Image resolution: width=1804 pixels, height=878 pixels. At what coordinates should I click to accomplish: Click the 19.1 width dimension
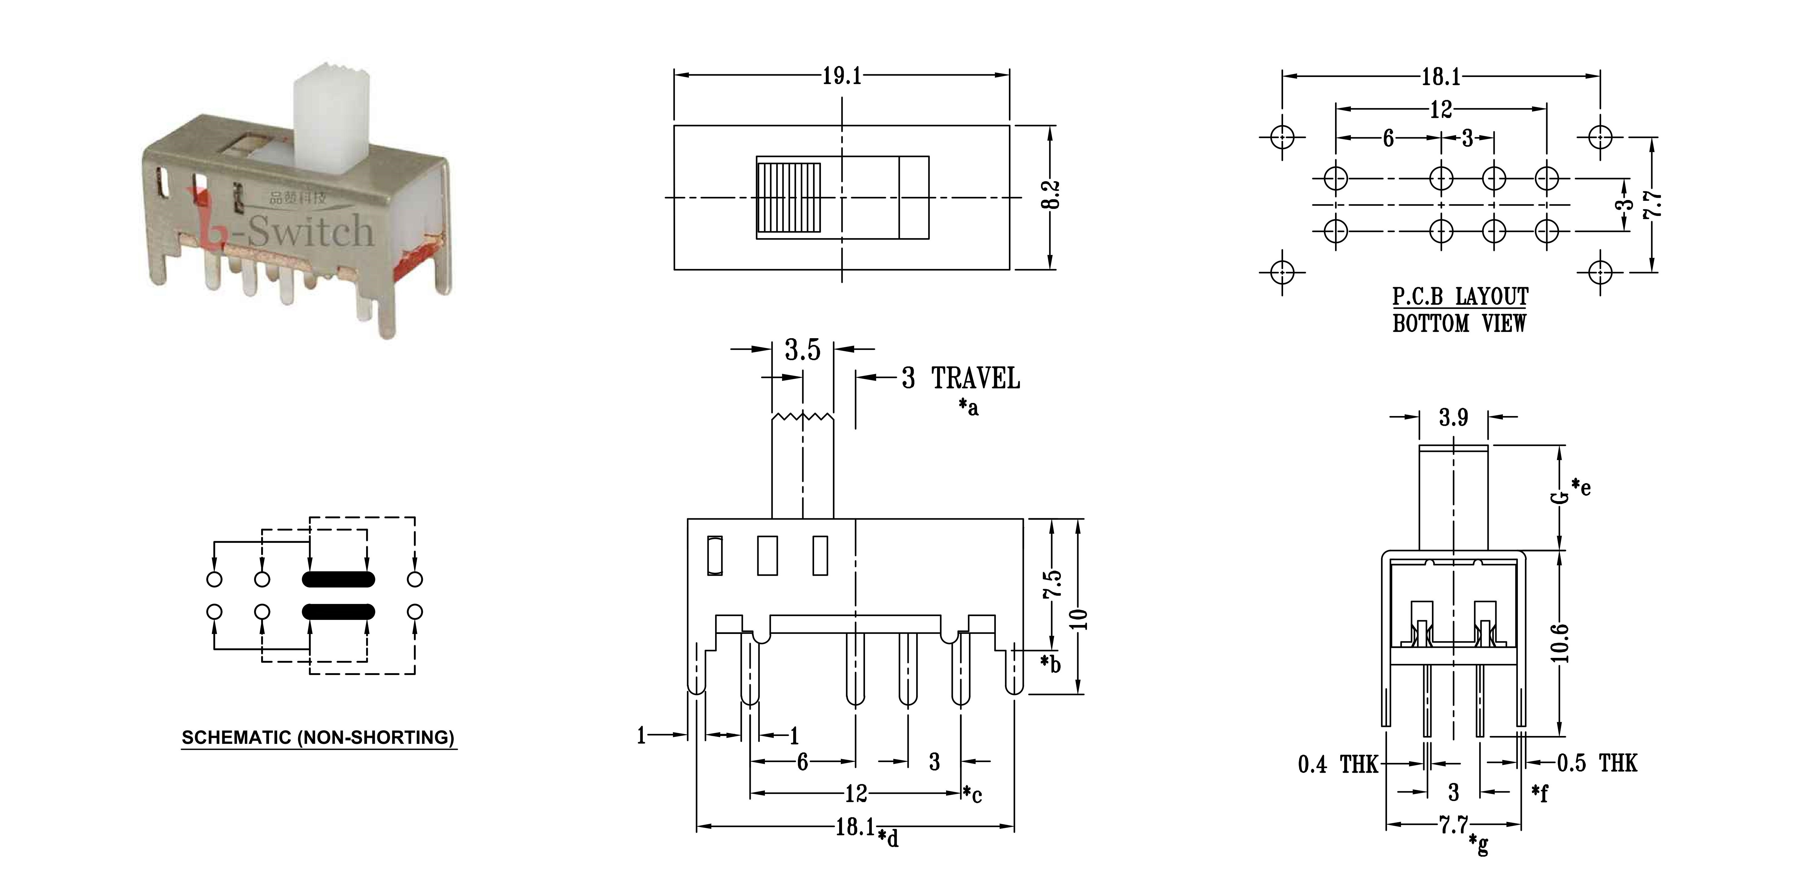(842, 76)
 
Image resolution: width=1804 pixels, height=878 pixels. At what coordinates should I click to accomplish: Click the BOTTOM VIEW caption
(1459, 324)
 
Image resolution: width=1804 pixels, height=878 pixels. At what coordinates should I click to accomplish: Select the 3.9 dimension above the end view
(1453, 418)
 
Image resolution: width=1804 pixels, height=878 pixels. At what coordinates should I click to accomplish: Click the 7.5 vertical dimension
(1053, 584)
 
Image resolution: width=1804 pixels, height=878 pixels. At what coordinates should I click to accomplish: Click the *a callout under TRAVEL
(969, 407)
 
